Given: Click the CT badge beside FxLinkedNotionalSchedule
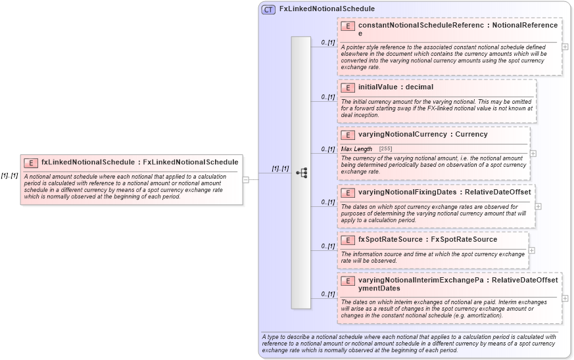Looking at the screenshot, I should (268, 9).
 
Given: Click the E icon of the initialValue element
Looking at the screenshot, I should (348, 87).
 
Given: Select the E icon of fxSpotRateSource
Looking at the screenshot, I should (348, 240).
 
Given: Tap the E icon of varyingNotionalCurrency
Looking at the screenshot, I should (348, 135).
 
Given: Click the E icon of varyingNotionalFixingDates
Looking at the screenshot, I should (348, 192).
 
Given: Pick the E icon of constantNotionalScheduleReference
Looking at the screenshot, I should (348, 26).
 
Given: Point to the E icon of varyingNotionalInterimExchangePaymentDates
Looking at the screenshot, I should (348, 281).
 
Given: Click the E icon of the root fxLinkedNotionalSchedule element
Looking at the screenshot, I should (30, 162).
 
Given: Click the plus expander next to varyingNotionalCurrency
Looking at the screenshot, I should (533, 154).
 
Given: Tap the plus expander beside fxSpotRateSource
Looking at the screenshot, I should (532, 250).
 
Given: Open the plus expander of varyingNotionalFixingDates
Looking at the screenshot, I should (538, 206).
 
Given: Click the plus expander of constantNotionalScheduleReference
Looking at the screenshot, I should (565, 47).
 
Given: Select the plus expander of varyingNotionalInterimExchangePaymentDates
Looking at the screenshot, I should (565, 298).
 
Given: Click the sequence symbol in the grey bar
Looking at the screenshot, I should (301, 173).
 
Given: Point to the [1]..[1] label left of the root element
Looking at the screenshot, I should (9, 175).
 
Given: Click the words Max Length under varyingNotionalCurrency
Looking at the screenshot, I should (356, 149).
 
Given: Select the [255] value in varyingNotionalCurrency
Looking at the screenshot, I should (385, 149).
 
